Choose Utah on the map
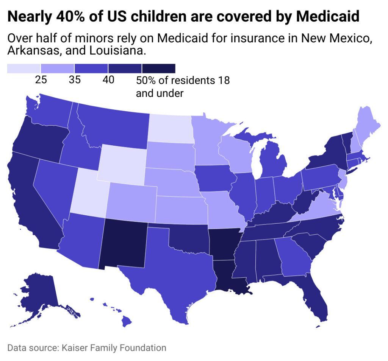click(89, 193)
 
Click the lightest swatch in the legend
click(23, 68)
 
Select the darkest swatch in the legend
click(158, 68)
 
